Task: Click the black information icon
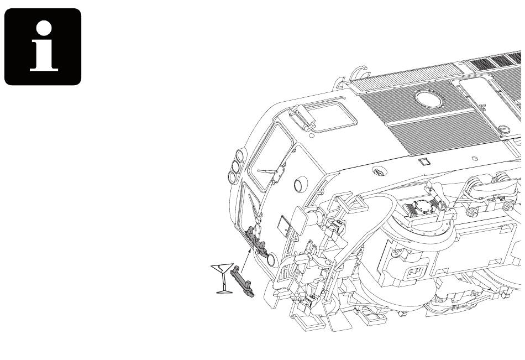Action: click(43, 46)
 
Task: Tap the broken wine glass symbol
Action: click(222, 278)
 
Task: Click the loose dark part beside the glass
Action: click(242, 281)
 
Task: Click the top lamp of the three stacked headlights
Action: click(240, 155)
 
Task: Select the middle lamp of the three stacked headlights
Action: click(236, 166)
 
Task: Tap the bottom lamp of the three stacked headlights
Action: click(232, 178)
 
